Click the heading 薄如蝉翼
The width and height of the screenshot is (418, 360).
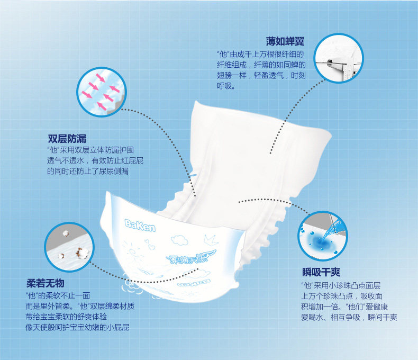pos(286,41)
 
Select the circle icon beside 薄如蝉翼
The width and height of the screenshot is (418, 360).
pos(339,58)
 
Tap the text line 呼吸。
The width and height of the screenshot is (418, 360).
pos(226,85)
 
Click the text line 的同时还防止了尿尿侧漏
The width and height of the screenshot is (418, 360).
pos(87,171)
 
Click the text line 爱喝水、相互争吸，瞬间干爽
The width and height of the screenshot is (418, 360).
pos(349,317)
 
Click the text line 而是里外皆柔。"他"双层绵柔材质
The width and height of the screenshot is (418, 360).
pos(79,306)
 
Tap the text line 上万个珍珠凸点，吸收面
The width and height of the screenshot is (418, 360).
pos(342,296)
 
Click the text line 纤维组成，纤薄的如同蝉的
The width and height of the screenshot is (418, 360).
pos(261,65)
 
